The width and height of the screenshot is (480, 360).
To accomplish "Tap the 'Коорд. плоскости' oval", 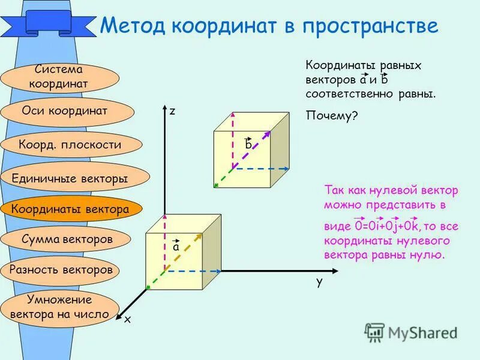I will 70,145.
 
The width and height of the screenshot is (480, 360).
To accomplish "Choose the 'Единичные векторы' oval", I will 70,178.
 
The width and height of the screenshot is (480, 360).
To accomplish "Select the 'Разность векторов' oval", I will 61,269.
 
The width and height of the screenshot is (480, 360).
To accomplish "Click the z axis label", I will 172,111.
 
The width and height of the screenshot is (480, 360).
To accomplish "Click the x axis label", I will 127,320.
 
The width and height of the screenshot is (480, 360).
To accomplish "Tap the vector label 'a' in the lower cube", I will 176,246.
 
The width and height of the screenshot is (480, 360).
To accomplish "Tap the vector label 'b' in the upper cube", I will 248,145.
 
